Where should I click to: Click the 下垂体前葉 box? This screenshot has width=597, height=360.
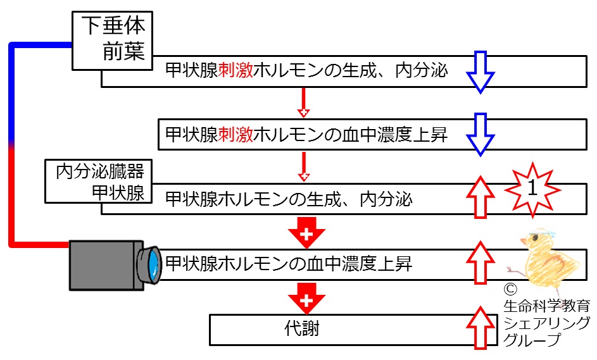click(x=112, y=40)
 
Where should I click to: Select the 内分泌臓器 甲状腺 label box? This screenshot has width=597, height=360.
click(x=99, y=181)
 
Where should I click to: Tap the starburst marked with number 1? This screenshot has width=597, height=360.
click(x=532, y=190)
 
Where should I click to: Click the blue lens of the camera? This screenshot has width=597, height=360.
click(x=153, y=265)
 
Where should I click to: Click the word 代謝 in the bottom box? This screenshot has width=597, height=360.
click(x=302, y=328)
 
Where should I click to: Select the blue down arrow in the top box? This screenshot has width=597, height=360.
click(x=481, y=72)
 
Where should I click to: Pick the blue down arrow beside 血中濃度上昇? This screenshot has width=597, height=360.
click(x=481, y=134)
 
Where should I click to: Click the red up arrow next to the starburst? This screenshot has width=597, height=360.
click(x=481, y=197)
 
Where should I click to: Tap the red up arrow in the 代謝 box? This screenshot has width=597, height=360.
click(x=481, y=328)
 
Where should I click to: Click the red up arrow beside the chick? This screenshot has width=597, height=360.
click(x=481, y=263)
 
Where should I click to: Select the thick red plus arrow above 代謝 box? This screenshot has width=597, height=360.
click(x=306, y=299)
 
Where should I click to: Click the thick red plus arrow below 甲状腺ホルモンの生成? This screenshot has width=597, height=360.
click(x=306, y=233)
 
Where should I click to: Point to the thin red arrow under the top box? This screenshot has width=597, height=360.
click(x=303, y=102)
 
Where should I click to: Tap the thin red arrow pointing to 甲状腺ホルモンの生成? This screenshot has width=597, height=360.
click(x=303, y=166)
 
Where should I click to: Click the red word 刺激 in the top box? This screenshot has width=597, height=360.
click(x=236, y=70)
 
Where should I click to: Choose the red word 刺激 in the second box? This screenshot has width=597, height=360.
click(x=236, y=134)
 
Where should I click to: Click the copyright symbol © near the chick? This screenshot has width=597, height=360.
click(x=510, y=290)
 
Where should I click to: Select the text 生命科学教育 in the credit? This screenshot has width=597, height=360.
click(x=547, y=306)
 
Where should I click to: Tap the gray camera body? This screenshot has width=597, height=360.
click(x=106, y=265)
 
